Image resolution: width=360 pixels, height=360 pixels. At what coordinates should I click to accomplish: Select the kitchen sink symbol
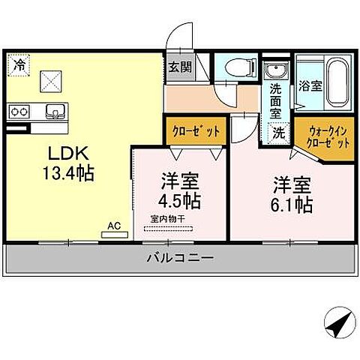tap(53, 112)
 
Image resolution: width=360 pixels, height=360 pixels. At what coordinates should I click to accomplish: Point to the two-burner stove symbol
tap(19, 112)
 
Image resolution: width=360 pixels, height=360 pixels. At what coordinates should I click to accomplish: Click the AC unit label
tap(113, 225)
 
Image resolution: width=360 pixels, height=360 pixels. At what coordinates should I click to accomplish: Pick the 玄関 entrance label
tap(178, 66)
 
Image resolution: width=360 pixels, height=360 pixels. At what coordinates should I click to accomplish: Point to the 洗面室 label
tap(275, 102)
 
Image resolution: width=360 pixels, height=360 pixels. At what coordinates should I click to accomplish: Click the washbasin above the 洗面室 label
tap(274, 73)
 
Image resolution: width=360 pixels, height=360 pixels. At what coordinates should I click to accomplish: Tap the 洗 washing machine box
tap(279, 133)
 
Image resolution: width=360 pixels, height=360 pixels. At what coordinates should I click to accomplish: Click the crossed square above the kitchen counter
tap(52, 79)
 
